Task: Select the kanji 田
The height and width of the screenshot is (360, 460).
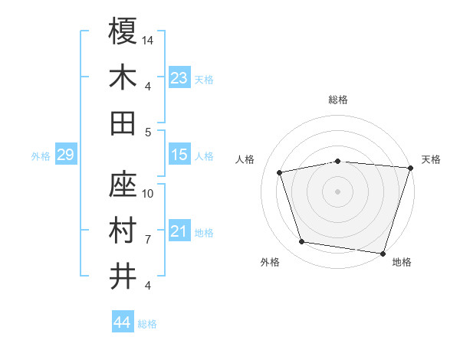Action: (123, 123)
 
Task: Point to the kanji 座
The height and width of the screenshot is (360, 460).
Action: (123, 185)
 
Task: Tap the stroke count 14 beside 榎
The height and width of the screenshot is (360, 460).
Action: (148, 39)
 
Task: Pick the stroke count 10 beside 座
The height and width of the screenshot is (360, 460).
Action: (148, 193)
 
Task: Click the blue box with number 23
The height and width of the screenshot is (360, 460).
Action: (179, 78)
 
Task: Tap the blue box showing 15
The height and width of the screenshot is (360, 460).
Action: (179, 155)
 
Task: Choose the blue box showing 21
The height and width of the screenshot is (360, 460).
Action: (179, 231)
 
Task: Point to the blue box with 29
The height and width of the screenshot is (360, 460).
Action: (65, 155)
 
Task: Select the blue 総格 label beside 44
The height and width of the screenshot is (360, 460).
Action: (147, 324)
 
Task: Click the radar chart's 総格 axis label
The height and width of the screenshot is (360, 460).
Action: (337, 100)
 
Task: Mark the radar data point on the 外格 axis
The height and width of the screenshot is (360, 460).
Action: (302, 242)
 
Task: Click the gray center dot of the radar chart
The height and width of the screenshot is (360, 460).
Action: (337, 191)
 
